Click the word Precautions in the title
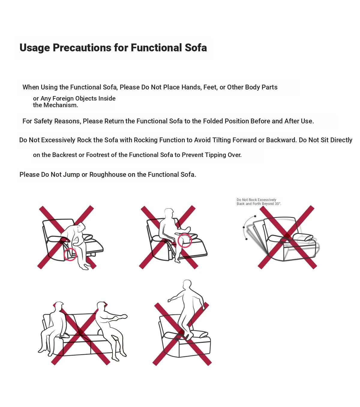(82, 48)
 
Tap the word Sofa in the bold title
(196, 48)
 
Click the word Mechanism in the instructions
(61, 105)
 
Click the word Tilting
(221, 140)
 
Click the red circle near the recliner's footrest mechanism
(70, 254)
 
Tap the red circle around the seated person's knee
(185, 240)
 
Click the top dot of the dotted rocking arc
(255, 216)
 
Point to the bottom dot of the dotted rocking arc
(246, 239)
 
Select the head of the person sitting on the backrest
(169, 213)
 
